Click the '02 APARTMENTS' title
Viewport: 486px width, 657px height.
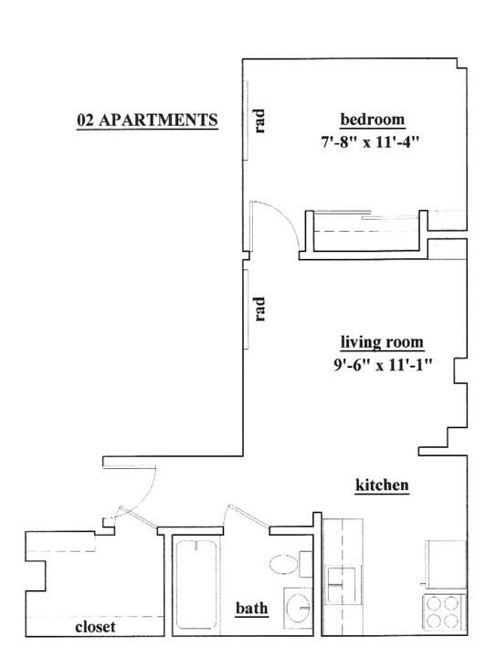[x=147, y=120]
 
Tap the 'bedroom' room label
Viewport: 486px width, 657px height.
[x=373, y=120]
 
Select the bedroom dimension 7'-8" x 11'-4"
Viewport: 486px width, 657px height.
[x=370, y=142]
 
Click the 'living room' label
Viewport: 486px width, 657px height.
[x=382, y=342]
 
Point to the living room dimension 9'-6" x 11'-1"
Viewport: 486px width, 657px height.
[x=383, y=365]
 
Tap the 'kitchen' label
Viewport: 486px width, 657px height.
[x=382, y=485]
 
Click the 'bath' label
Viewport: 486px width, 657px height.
[x=251, y=608]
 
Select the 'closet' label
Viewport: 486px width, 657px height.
[x=95, y=627]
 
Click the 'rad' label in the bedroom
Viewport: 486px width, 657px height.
[x=260, y=121]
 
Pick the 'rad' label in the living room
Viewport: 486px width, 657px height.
[x=260, y=309]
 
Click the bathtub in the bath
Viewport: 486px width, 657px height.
[x=195, y=584]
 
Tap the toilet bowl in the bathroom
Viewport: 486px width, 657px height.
[x=284, y=564]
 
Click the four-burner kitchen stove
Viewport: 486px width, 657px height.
[x=445, y=612]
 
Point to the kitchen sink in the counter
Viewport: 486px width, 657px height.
[x=343, y=584]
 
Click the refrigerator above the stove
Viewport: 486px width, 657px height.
[x=446, y=565]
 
